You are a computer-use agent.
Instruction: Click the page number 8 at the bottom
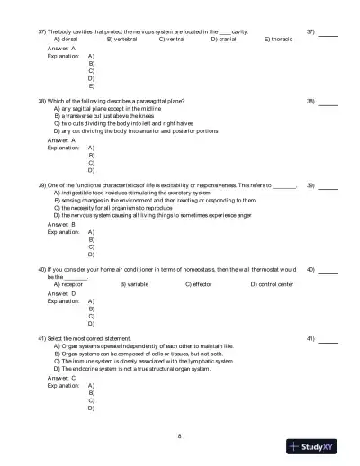(x=180, y=436)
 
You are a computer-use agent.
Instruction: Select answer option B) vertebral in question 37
(x=121, y=40)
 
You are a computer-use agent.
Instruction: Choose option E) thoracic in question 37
(x=279, y=40)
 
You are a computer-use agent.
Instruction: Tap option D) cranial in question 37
(x=226, y=40)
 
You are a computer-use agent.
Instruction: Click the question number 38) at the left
(x=42, y=101)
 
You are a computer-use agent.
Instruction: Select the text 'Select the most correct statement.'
(x=89, y=338)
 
